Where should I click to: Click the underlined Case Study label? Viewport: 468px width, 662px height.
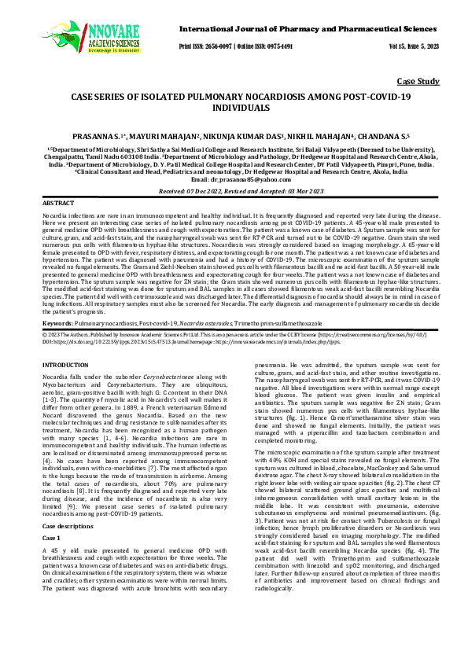click(418, 82)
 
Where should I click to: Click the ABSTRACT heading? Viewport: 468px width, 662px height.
click(57, 203)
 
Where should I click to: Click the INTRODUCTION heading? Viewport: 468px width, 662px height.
click(66, 366)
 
